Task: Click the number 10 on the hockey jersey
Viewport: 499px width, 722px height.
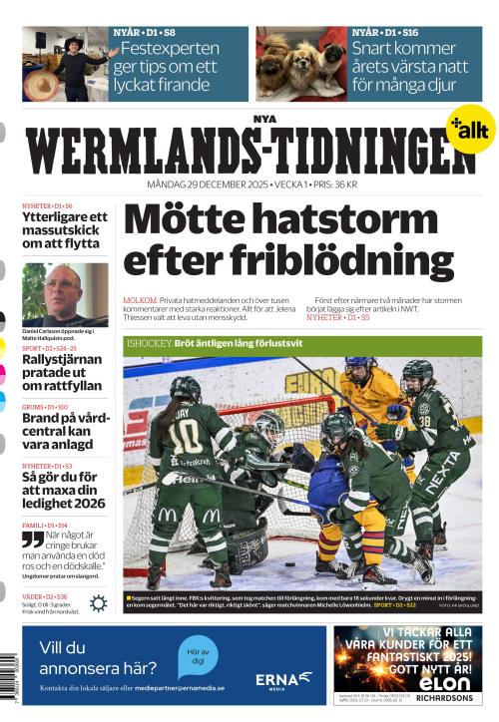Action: (x=185, y=435)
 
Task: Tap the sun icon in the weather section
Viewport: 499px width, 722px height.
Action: (x=98, y=602)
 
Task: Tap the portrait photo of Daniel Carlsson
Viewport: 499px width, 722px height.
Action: (x=65, y=294)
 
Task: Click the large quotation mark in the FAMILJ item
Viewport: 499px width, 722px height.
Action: (x=33, y=540)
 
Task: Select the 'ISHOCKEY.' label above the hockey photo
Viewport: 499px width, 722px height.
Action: (x=149, y=342)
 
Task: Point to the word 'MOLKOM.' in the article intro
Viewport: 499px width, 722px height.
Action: (x=139, y=299)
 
